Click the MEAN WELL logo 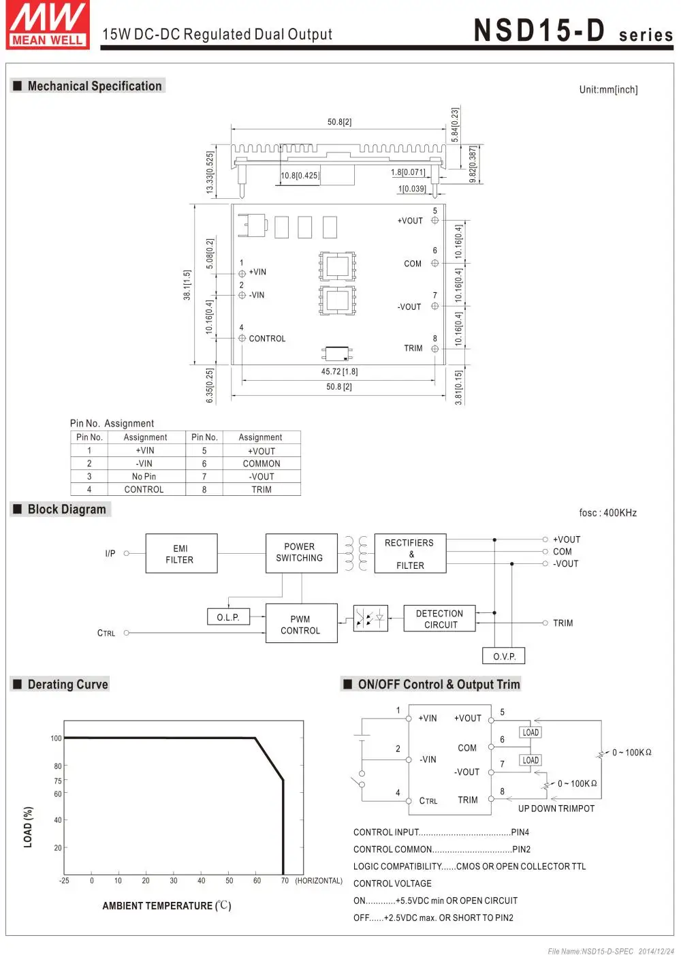[48, 25]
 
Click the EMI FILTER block [181, 553]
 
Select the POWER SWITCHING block [301, 553]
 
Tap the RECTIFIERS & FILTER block [410, 553]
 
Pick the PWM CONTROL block [301, 623]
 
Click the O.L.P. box [228, 616]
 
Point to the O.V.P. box [503, 655]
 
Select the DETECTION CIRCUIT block [439, 619]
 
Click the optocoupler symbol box [370, 618]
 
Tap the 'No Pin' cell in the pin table [144, 476]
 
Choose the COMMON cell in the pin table [262, 463]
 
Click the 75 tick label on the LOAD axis [58, 781]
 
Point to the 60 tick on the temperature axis [257, 880]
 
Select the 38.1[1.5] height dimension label [187, 284]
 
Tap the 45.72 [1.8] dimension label [339, 371]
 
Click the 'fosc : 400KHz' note [607, 512]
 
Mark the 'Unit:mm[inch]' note [608, 89]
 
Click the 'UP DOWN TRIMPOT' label [556, 809]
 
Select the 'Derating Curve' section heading [67, 684]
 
